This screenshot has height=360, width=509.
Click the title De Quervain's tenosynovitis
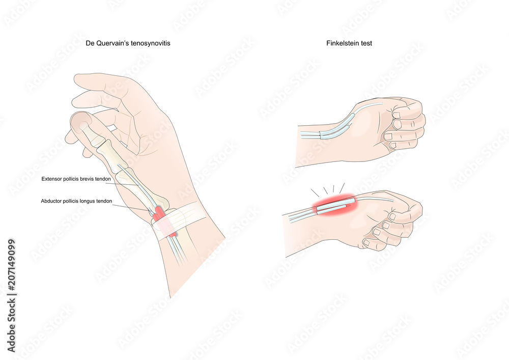pos(128,43)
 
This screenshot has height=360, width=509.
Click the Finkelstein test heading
pos(349,43)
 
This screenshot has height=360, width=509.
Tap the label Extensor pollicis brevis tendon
pos(76,179)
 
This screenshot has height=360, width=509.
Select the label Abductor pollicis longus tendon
pos(76,201)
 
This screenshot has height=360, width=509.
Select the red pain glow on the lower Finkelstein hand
pos(334,205)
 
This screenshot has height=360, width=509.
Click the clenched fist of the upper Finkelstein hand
pos(404,125)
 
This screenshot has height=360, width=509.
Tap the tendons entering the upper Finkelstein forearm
pos(310,135)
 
